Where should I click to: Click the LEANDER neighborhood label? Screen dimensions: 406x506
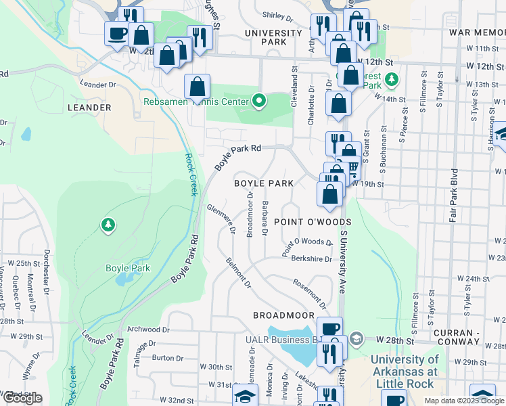pos(89,108)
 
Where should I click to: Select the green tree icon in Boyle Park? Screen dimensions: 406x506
pos(107,224)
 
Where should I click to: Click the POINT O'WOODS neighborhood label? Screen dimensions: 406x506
pos(313,222)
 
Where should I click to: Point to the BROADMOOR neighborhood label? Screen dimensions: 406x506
pos(284,315)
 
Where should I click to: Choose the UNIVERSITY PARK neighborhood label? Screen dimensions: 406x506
pos(273,38)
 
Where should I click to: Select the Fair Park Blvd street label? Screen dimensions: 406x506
pos(454,196)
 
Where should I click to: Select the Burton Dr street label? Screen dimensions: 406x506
pos(168,357)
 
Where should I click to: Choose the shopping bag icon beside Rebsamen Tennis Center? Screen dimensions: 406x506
pos(196,86)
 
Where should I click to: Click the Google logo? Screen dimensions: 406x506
pos(22,399)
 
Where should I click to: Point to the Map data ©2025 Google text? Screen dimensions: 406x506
pos(464,401)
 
